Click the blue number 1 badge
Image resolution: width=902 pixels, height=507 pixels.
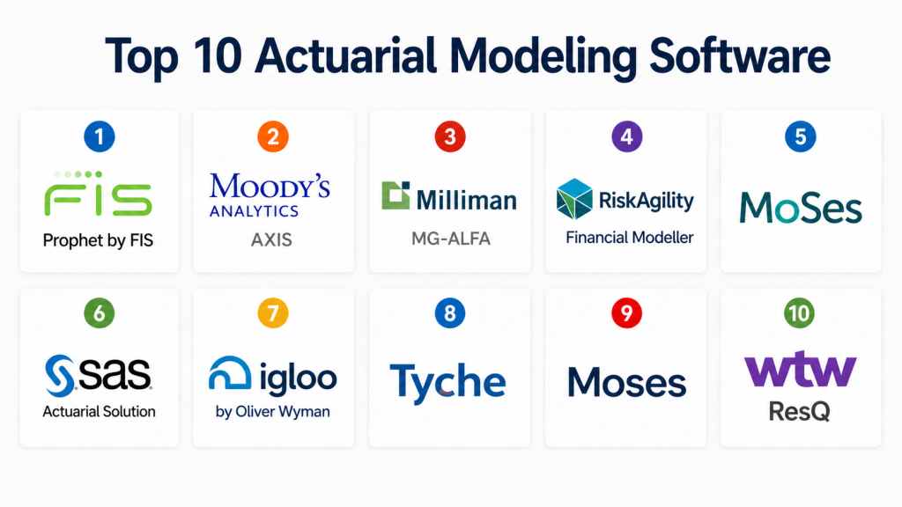pos(99,136)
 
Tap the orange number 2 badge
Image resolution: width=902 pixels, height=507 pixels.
pos(273,136)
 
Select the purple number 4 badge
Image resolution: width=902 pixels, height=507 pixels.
pos(626,136)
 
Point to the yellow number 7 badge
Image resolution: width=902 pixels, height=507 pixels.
pos(273,313)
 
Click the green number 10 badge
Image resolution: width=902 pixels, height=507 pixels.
pos(799,313)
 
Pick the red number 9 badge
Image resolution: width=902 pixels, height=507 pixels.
pos(626,313)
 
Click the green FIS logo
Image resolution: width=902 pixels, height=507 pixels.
pos(99,193)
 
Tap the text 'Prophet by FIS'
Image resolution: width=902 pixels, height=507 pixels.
pos(99,240)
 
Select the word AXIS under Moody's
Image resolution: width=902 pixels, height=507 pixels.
pos(271,239)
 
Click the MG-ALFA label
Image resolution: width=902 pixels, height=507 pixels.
pos(451,239)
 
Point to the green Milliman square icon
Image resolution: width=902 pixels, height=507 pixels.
pos(396,195)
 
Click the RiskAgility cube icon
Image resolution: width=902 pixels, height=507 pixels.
pos(574,199)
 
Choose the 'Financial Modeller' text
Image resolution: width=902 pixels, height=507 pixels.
pos(630,238)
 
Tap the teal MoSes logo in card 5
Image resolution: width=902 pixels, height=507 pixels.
pos(801,208)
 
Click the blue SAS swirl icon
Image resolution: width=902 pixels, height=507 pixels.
pos(60,376)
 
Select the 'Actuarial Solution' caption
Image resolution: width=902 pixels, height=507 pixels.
pos(99,412)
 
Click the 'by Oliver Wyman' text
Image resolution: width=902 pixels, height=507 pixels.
pos(273,412)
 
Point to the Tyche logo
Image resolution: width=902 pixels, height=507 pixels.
pos(447,383)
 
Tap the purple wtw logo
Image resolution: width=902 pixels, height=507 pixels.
pos(800,369)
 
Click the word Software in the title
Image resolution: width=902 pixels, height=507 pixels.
pos(740,55)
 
